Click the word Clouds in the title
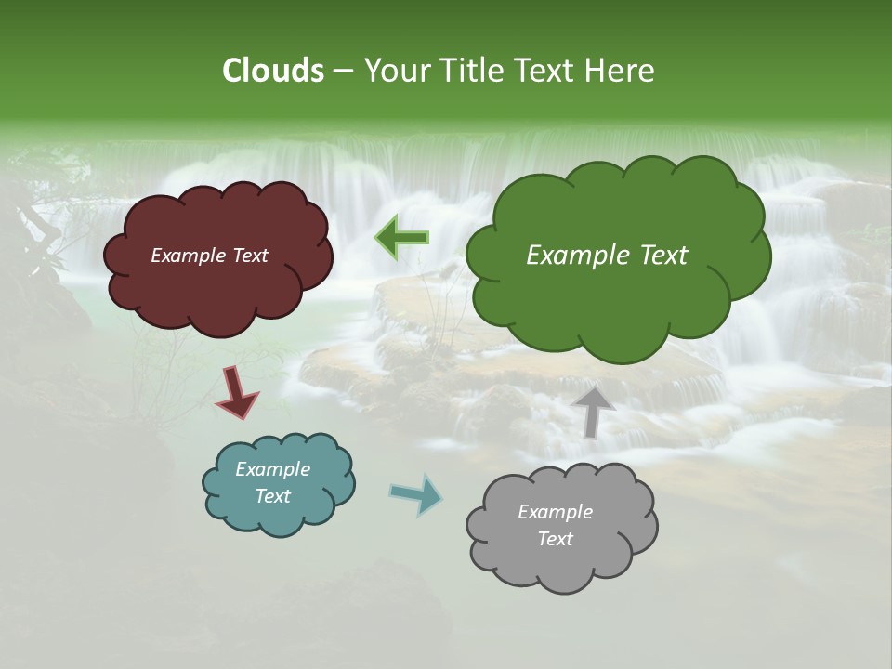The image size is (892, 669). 272,71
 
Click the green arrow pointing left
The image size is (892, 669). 401,238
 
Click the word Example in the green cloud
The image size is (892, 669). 569,256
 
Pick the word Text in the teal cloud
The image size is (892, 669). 273,496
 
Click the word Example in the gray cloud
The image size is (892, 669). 555,512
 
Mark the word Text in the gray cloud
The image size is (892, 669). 555,539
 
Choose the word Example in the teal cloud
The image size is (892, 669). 273,469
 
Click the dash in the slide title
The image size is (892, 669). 342,71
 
